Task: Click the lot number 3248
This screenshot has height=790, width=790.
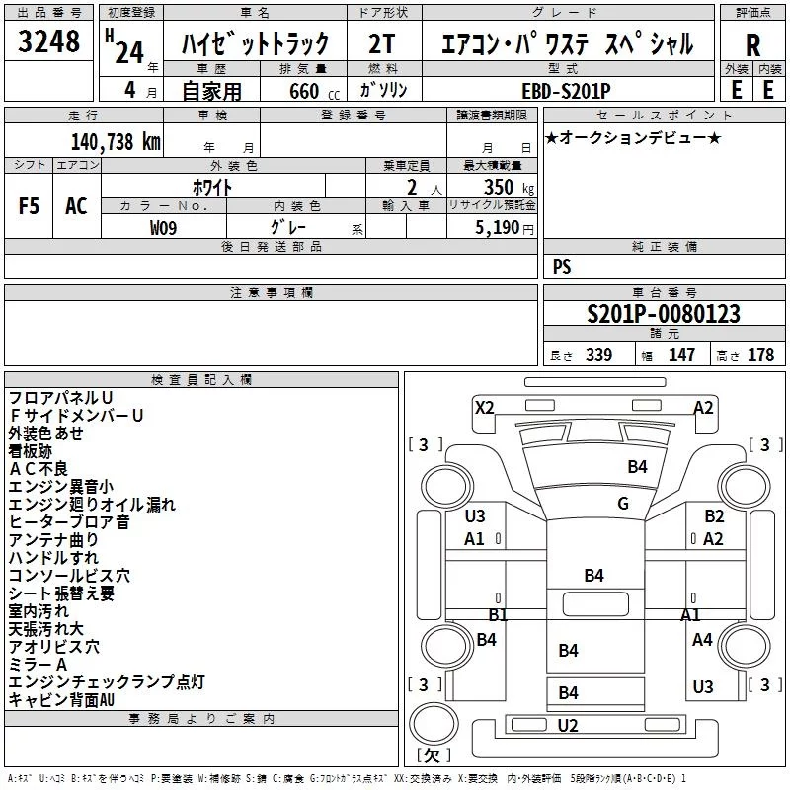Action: (49, 42)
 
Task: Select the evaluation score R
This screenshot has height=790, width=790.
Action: (752, 45)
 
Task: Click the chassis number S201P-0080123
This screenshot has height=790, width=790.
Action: (664, 314)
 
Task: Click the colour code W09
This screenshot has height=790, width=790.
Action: (164, 226)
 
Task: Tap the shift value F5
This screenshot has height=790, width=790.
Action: (30, 206)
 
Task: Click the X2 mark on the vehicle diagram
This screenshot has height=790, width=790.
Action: (485, 407)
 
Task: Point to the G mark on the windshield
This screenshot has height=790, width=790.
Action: (623, 504)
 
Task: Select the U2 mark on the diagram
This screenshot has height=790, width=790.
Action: (568, 726)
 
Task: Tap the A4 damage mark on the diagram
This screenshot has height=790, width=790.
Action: (702, 640)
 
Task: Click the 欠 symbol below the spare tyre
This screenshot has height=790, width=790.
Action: (432, 755)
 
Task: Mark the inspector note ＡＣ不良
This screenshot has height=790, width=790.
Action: (39, 468)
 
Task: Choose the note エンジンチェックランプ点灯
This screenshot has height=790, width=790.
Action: (106, 681)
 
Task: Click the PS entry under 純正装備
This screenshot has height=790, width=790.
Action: (562, 266)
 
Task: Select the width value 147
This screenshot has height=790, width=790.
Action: (682, 355)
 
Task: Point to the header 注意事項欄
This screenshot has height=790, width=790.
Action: (271, 293)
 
